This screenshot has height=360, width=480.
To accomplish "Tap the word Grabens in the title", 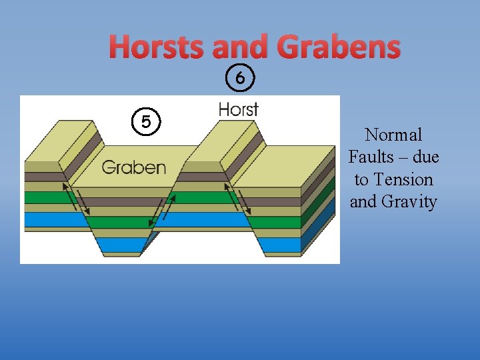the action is coord(338,47).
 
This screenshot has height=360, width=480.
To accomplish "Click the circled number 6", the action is coord(240,79).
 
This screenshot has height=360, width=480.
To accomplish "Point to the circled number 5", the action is coord(145,122).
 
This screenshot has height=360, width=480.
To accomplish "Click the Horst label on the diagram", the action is coord(238,109).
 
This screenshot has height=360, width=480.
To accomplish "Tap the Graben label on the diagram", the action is coord(133,167).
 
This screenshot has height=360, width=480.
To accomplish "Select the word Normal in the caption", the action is coord(393,135).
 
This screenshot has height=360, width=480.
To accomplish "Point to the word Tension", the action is coord(403,179).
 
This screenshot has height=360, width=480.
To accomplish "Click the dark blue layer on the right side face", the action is coord(326,223).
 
